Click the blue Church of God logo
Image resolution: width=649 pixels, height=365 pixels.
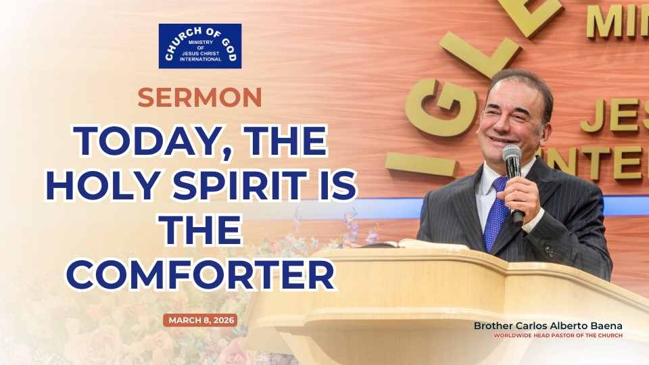point(200,46)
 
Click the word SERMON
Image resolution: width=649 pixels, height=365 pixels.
point(199,97)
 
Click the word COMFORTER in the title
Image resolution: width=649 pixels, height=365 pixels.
point(200,275)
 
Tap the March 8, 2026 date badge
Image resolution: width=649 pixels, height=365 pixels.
point(200,320)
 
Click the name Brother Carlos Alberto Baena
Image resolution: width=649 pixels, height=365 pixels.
point(548,326)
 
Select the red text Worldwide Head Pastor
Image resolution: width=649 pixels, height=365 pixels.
point(558,336)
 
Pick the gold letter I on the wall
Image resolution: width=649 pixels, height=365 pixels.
point(421,164)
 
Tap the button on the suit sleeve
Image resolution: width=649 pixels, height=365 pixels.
point(550,250)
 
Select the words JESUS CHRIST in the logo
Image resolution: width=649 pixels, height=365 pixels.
point(201,53)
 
